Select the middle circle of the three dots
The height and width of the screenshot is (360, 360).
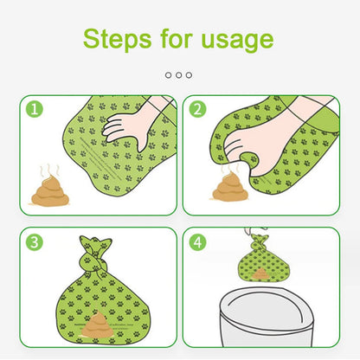click(179, 75)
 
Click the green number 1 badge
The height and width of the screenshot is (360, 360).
click(34, 110)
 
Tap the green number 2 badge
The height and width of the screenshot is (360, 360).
click(196, 110)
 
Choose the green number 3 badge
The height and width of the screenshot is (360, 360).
click(34, 242)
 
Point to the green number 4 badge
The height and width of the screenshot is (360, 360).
click(196, 242)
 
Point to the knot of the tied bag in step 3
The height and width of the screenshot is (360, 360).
click(93, 254)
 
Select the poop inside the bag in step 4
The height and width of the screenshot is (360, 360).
click(262, 273)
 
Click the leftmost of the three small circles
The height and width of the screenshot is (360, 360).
click(169, 75)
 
